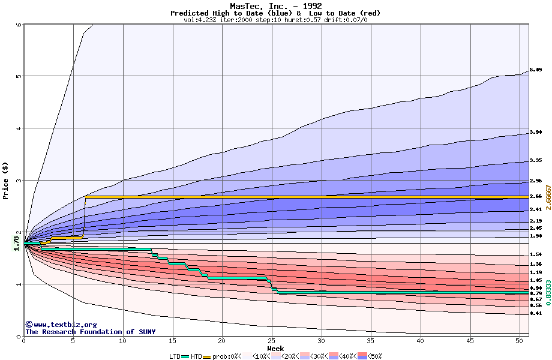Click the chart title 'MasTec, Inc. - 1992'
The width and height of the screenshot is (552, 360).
click(x=275, y=6)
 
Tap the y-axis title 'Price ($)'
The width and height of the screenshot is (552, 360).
click(x=6, y=181)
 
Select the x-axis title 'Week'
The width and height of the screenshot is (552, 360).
click(x=275, y=348)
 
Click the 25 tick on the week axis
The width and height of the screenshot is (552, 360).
click(x=271, y=341)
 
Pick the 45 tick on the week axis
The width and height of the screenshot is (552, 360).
click(x=469, y=341)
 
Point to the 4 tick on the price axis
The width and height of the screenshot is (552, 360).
click(x=19, y=128)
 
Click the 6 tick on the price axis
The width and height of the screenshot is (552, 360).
click(x=19, y=25)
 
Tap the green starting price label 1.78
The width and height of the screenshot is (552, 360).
click(x=16, y=242)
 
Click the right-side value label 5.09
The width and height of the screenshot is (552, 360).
click(x=536, y=70)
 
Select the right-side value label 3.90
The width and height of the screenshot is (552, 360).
click(x=536, y=132)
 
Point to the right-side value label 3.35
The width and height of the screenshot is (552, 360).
click(x=536, y=161)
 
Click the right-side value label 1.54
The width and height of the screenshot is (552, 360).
click(x=536, y=254)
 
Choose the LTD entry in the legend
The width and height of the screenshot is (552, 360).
click(x=176, y=356)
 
